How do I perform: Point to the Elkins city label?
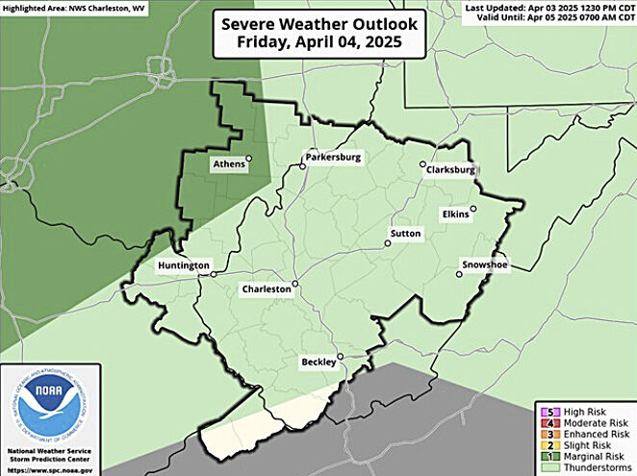point(456,213)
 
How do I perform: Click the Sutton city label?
point(407,234)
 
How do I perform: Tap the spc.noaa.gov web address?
point(50,468)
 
